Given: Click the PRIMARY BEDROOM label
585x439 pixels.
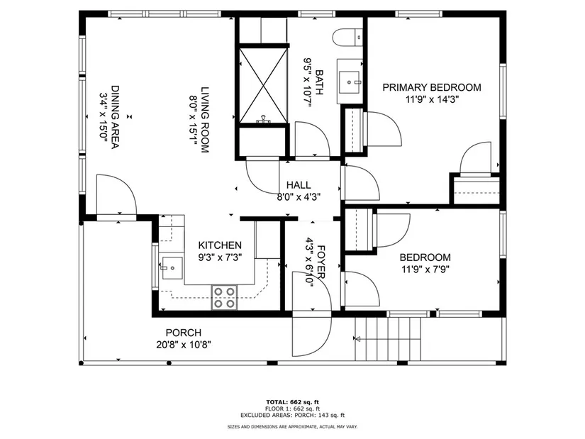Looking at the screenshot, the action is (432, 87).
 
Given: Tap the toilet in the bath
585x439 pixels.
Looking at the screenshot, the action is (347, 38).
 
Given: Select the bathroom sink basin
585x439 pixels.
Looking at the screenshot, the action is (349, 82).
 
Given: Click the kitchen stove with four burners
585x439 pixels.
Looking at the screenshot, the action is (225, 298).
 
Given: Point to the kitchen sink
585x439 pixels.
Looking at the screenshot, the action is (172, 267).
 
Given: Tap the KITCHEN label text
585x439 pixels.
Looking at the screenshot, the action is (220, 245).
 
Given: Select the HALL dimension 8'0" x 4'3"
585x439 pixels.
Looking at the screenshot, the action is (299, 197).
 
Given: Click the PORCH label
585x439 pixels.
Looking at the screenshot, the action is (184, 333).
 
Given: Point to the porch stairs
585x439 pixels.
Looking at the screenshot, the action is (388, 338).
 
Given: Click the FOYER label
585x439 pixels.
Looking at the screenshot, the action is (321, 262).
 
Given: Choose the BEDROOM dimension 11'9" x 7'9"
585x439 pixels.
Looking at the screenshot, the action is (425, 269).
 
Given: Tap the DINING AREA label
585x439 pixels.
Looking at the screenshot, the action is (116, 117).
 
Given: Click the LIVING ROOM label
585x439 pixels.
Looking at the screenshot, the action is (205, 120).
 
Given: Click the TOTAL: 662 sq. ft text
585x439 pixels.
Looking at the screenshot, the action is (292, 402).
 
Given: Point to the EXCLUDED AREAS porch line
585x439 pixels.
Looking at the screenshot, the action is (292, 415).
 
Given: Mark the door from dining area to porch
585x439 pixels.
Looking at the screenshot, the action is (116, 195).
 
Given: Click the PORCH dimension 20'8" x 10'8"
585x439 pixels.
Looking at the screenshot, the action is (184, 345).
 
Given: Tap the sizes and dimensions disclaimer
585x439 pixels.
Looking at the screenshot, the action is (292, 427).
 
